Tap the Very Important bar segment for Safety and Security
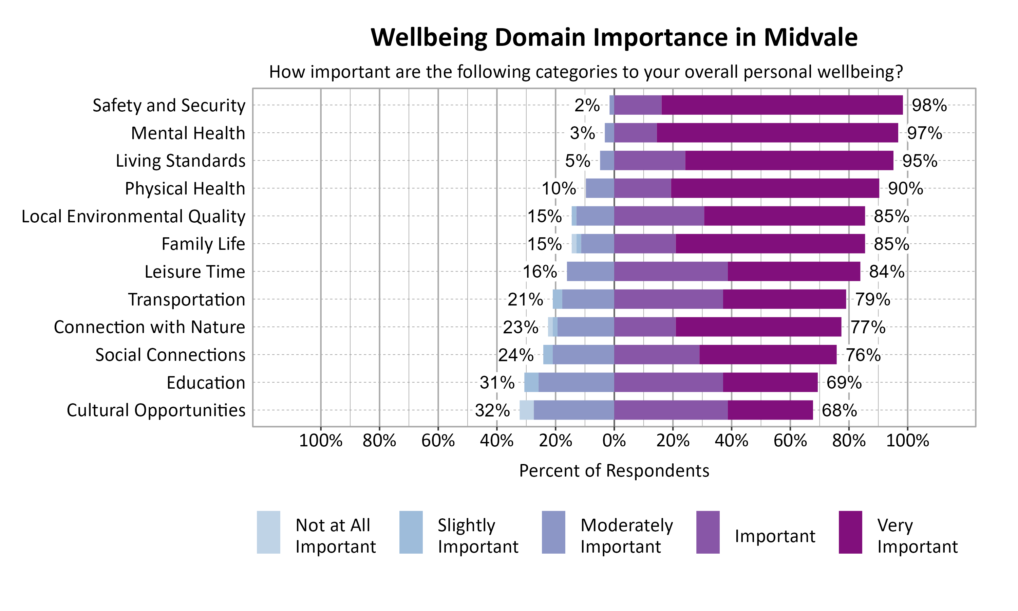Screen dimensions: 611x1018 pos(782,105)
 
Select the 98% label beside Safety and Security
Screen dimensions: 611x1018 pos(929,106)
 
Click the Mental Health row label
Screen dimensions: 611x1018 pos(188,133)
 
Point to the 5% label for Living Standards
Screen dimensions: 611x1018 pos(577,161)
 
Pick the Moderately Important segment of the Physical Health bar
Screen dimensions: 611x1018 pos(600,188)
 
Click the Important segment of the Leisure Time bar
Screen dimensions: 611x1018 pos(671,271)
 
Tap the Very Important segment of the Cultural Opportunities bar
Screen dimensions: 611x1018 pos(770,410)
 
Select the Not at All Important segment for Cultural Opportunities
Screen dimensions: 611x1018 pos(526,410)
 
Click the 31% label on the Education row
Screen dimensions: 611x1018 pos(497,383)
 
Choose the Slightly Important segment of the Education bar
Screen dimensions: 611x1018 pos(531,383)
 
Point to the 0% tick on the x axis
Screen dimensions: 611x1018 pos(614,441)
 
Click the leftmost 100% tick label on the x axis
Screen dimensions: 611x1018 pos(321,441)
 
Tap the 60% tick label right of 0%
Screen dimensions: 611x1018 pos(790,441)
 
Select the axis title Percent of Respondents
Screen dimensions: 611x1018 pos(614,470)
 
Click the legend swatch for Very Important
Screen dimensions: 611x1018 pos(850,532)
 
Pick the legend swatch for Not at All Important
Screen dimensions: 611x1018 pos(268,532)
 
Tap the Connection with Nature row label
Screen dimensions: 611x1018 pos(149,327)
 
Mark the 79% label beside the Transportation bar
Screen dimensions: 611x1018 pos(872,299)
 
